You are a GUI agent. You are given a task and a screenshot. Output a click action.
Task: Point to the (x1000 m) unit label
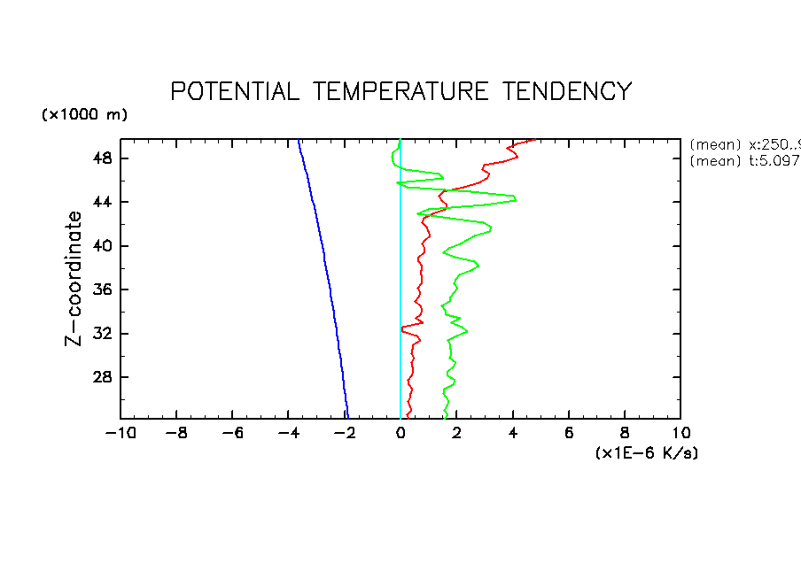(85, 115)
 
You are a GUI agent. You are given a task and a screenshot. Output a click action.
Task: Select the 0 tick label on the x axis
(400, 434)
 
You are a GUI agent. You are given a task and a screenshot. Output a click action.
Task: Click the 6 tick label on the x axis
(569, 434)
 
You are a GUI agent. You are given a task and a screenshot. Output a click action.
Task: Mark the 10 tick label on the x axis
(680, 434)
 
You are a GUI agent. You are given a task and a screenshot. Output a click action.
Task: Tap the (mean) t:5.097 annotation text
(744, 160)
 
